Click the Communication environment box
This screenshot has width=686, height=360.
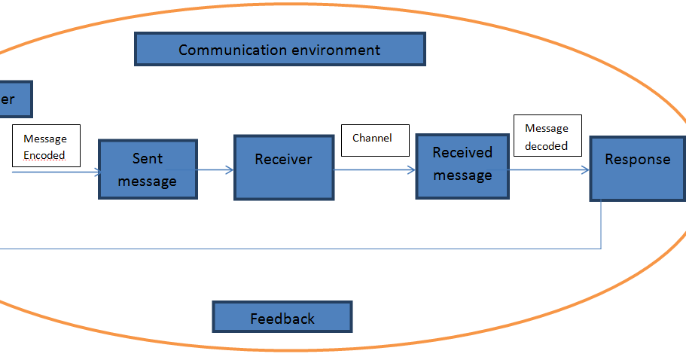279,50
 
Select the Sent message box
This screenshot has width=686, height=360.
148,169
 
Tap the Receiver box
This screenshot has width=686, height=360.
284,167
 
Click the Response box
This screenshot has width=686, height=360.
637,168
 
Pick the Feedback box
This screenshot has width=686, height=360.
282,318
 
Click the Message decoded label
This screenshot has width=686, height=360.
547,136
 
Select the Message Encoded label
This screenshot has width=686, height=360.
45,147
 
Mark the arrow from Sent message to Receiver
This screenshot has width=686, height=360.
215,170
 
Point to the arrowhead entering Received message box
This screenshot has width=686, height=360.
412,170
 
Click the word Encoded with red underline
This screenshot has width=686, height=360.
44,155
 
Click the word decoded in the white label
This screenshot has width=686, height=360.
546,145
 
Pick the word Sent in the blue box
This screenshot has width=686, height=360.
147,159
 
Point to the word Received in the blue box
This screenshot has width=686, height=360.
462,153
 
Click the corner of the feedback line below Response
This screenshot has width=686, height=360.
601,248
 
